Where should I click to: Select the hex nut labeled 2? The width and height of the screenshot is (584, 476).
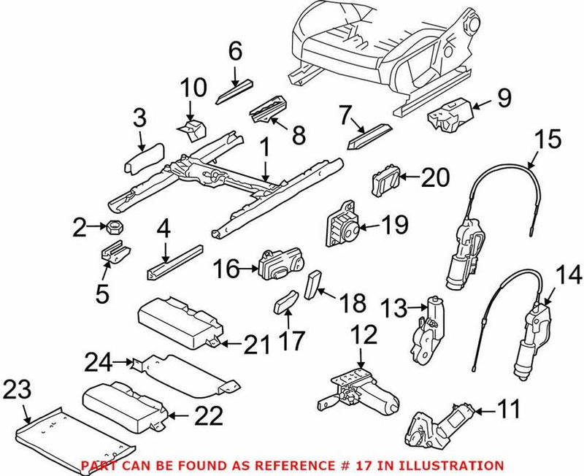(x=116, y=229)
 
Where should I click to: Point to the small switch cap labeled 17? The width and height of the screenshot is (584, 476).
(x=285, y=303)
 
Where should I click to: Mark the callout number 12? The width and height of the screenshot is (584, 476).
(x=363, y=337)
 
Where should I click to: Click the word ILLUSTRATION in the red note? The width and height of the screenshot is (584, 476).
(x=459, y=465)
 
